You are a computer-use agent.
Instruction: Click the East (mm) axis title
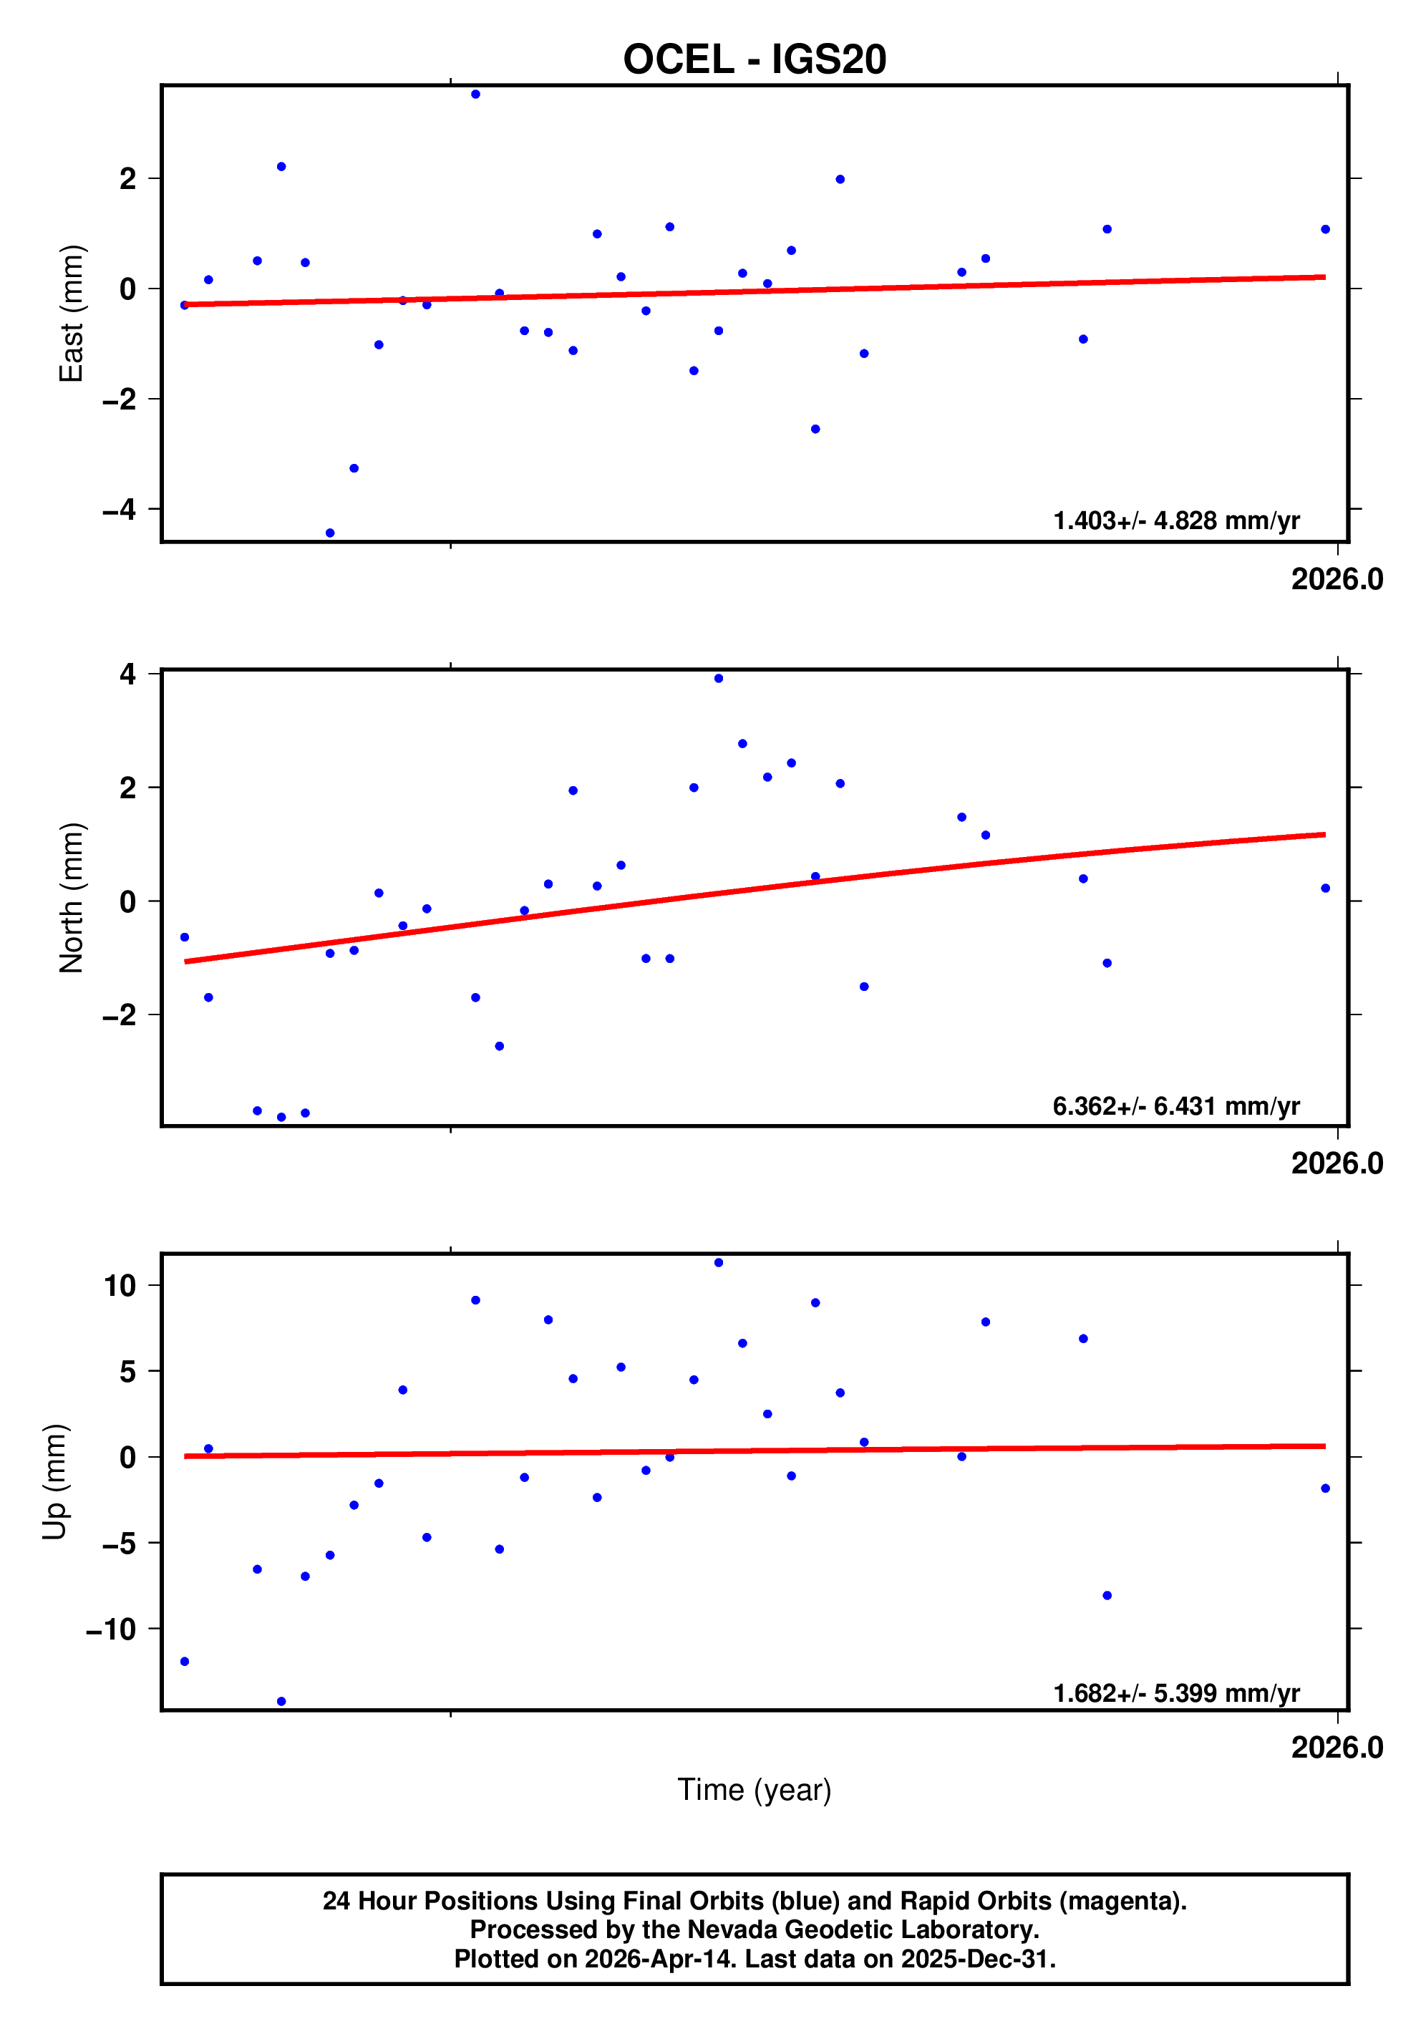point(71,314)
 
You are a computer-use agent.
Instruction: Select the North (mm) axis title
point(71,898)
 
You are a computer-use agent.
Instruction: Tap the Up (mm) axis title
point(55,1482)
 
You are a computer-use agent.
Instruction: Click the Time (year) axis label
point(754,1788)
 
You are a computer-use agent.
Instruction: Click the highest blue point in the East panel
point(475,95)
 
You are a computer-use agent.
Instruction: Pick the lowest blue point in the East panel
point(329,533)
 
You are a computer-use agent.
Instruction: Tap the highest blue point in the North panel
point(718,679)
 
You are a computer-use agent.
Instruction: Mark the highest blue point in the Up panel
point(718,1263)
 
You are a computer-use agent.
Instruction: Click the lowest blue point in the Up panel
point(281,1701)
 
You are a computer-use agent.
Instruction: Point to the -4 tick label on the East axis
point(120,509)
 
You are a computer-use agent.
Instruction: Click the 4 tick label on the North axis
point(128,674)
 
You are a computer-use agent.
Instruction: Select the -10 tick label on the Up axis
point(112,1629)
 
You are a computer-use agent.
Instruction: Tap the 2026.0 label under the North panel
point(1336,1163)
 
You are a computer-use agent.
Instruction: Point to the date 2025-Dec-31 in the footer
point(976,1959)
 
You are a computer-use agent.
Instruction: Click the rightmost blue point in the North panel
point(1324,888)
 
